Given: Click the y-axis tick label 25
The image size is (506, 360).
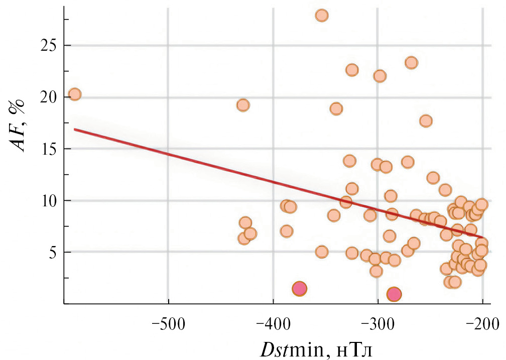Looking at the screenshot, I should (49, 46).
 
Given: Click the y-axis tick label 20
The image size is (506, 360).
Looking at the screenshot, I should (49, 97).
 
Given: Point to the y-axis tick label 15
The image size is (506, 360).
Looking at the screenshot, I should (49, 149).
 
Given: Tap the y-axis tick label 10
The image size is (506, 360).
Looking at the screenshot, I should (49, 201).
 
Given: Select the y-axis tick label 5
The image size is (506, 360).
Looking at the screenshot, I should (52, 252).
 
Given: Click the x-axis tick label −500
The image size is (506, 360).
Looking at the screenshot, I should (168, 323).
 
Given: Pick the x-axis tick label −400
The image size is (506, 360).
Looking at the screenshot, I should (273, 323).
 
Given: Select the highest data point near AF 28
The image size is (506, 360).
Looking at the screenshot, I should (322, 15).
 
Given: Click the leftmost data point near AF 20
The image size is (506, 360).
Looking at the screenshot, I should (75, 94).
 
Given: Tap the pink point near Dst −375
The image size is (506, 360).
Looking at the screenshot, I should (299, 289).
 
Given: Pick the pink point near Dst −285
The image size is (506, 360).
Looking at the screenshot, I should (394, 295).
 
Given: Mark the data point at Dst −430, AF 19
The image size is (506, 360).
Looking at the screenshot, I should (243, 105).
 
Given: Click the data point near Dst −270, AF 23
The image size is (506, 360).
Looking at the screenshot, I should (411, 63).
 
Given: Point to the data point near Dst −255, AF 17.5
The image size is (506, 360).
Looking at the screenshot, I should (426, 121).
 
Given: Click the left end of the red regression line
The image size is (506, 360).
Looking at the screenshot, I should (75, 129).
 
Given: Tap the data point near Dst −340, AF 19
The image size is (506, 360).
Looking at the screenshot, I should (336, 108).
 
